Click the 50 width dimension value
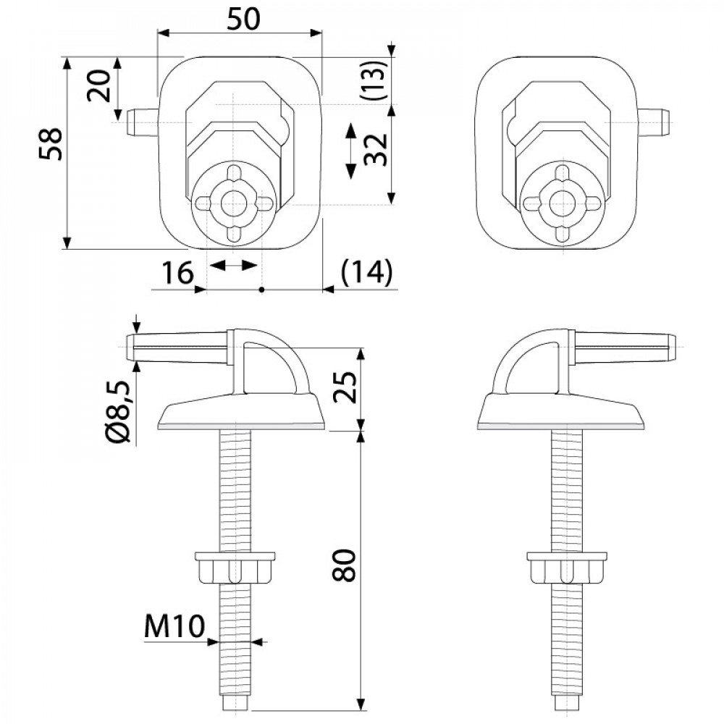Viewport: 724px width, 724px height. [243, 19]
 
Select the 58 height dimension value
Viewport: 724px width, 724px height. [51, 144]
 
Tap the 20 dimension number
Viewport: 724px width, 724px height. [99, 85]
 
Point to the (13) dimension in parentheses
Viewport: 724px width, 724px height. [375, 81]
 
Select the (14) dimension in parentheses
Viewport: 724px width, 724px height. [366, 271]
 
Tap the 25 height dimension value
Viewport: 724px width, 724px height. [346, 387]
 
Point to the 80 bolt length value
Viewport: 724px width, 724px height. [345, 565]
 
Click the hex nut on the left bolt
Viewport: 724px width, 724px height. [235, 567]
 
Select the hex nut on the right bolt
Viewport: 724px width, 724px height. [567, 567]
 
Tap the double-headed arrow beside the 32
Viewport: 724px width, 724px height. [351, 151]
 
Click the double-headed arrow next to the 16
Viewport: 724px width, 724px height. [233, 266]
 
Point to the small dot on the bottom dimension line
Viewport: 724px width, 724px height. [261, 290]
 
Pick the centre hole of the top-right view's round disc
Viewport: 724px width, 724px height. [562, 202]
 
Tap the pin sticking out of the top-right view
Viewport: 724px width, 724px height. [654, 122]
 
